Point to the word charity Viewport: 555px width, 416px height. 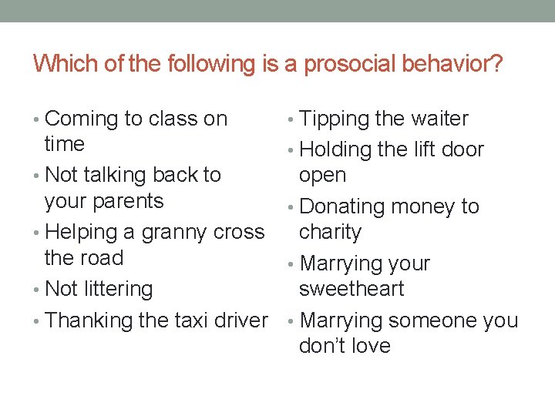tap(330, 232)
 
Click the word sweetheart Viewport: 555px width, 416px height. tap(351, 289)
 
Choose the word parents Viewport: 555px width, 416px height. tap(128, 201)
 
